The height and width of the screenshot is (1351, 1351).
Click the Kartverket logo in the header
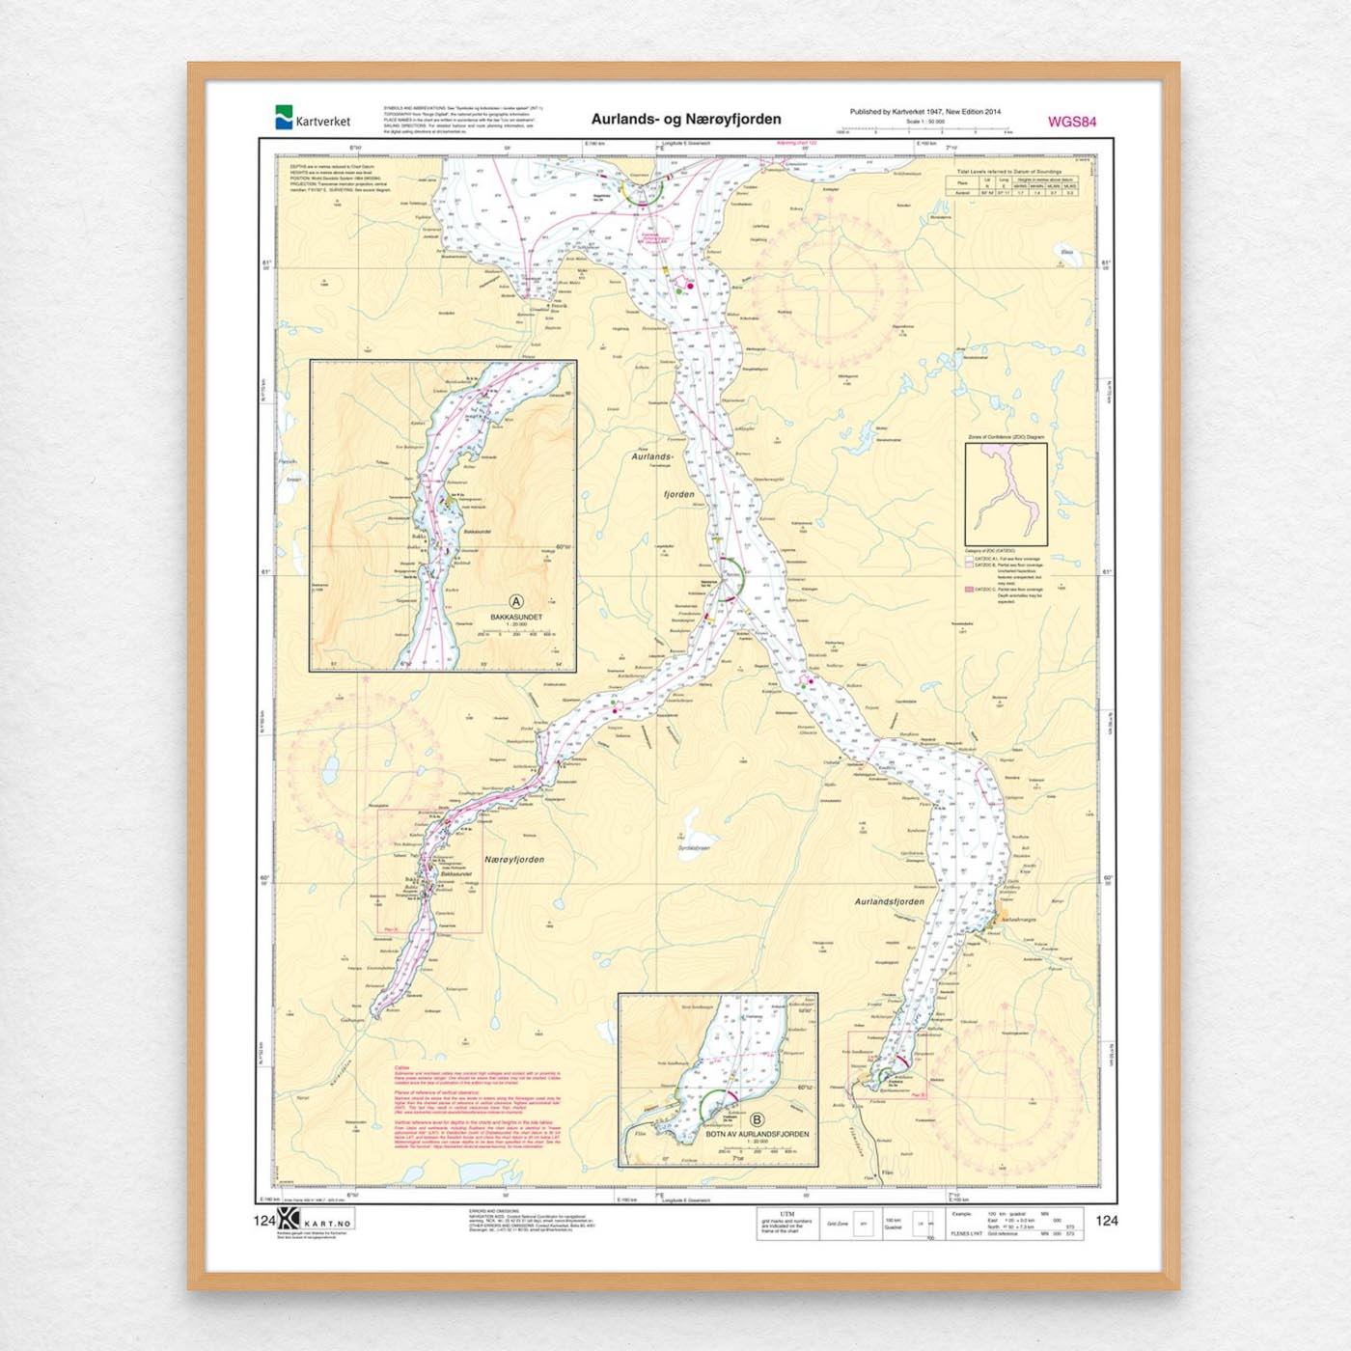coord(312,118)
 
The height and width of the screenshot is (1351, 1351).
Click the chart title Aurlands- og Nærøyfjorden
coord(686,120)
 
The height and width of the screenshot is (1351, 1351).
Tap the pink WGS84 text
coord(1071,122)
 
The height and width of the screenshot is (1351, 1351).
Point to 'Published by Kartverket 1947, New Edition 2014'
coord(924,112)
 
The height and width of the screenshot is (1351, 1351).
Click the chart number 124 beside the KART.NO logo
coord(264,1221)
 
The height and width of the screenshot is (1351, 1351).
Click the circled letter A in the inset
coord(516,602)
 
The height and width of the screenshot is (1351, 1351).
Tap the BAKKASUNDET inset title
coord(516,617)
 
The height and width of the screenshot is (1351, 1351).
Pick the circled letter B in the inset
coord(758,1120)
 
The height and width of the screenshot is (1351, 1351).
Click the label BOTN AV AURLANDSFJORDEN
coord(758,1134)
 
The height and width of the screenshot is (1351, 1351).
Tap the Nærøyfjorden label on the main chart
coord(514,859)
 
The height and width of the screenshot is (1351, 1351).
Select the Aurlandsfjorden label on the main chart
coord(889,901)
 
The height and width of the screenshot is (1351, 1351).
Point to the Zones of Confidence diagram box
coord(1006,494)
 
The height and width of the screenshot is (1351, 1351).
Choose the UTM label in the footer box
coord(786,1214)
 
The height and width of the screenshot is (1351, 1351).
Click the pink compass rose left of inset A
coord(365,753)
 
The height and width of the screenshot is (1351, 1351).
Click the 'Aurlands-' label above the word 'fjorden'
coord(652,456)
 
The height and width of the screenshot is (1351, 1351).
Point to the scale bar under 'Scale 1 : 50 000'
coord(924,131)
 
